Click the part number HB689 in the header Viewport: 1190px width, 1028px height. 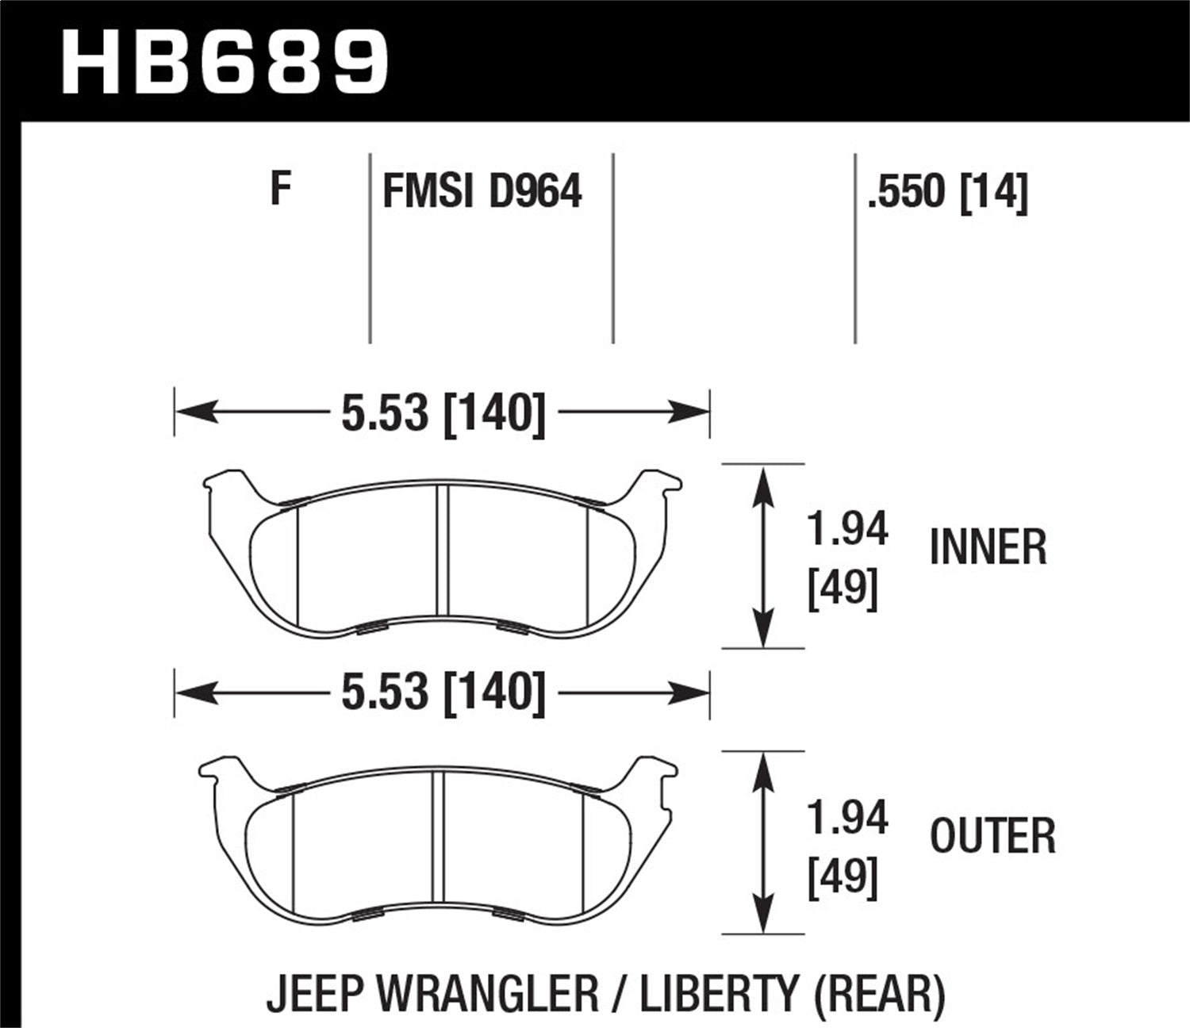coord(225,63)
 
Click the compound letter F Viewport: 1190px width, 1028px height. coord(280,190)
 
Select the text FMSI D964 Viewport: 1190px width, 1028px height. coord(482,192)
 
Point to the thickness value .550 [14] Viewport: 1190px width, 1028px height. coord(947,192)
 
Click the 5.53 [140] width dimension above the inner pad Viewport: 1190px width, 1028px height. coord(443,412)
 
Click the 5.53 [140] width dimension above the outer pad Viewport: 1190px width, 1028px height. coord(443,693)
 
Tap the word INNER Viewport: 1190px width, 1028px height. coord(988,547)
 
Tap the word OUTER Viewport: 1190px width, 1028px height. coord(992,836)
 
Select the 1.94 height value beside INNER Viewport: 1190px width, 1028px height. coord(846,529)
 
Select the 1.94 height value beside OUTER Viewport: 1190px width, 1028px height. coord(846,818)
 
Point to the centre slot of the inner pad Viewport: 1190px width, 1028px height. coord(443,555)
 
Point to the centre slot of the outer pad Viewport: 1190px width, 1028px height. coord(439,843)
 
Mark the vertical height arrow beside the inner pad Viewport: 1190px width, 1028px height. coord(762,556)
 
